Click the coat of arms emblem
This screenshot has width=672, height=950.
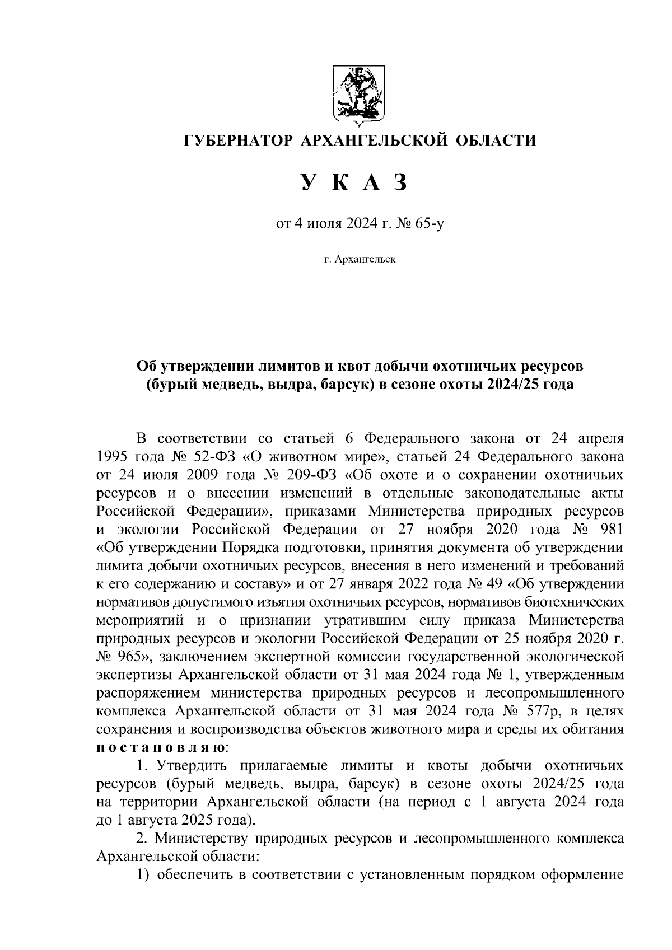coord(358,94)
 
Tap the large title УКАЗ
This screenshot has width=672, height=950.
coord(352,183)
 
